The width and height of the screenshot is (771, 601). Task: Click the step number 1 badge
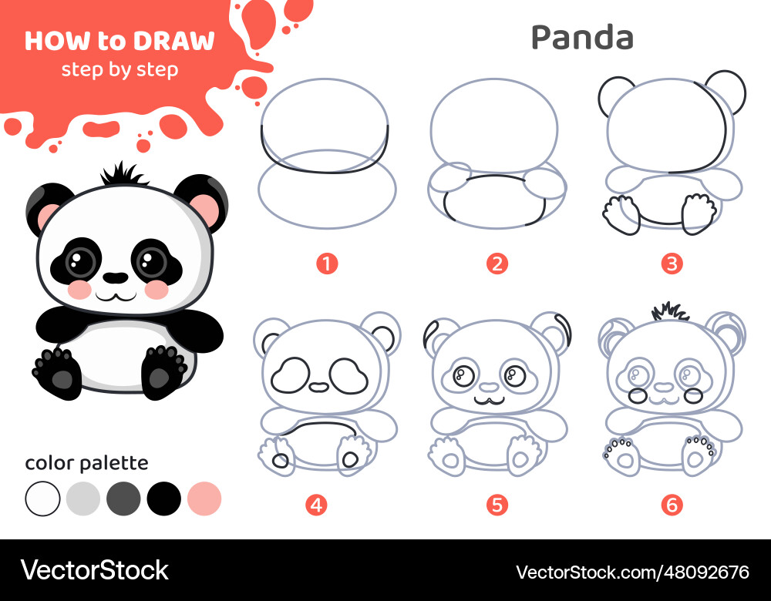pyautogui.click(x=326, y=264)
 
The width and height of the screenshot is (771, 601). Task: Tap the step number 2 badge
pyautogui.click(x=497, y=264)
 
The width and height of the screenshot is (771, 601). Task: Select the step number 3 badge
pyautogui.click(x=672, y=264)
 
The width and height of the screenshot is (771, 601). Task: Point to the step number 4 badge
pyautogui.click(x=316, y=505)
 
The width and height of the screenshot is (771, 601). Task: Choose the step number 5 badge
pyautogui.click(x=497, y=505)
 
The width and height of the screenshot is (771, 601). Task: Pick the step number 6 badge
pyautogui.click(x=672, y=505)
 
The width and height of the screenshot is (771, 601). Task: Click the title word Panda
pyautogui.click(x=582, y=37)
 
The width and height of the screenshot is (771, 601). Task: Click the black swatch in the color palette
pyautogui.click(x=163, y=499)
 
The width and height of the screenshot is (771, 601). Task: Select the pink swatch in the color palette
pyautogui.click(x=204, y=499)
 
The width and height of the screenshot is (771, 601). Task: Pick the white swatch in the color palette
pyautogui.click(x=42, y=499)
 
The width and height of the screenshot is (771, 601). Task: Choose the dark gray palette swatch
pyautogui.click(x=123, y=499)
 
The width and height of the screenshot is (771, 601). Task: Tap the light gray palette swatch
pyautogui.click(x=83, y=499)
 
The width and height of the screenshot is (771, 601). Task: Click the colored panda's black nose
pyautogui.click(x=116, y=278)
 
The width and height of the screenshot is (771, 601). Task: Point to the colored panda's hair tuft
pyautogui.click(x=123, y=174)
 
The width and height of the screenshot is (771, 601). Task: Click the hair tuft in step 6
pyautogui.click(x=670, y=311)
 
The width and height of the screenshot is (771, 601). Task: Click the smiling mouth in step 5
pyautogui.click(x=490, y=401)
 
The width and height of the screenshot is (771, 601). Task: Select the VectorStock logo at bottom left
pyautogui.click(x=94, y=570)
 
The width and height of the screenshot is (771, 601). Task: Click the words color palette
pyautogui.click(x=86, y=463)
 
